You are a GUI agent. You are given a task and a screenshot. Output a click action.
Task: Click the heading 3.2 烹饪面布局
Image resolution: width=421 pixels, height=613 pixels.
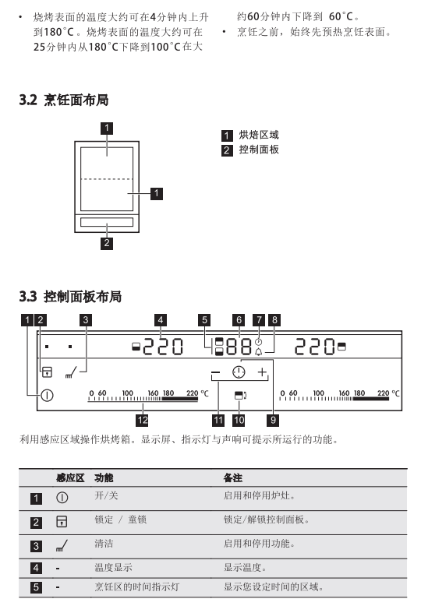click(x=63, y=100)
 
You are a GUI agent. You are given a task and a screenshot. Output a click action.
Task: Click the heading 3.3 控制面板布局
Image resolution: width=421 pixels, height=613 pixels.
click(x=70, y=296)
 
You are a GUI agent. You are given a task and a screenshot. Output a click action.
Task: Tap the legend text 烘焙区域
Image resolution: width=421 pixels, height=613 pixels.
click(x=259, y=136)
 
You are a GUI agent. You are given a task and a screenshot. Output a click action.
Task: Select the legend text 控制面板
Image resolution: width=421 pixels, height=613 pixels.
click(x=259, y=150)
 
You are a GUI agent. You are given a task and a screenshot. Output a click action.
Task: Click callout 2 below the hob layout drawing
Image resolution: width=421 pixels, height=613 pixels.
click(x=107, y=243)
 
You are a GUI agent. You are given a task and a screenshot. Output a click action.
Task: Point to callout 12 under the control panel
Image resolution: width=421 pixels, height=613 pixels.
click(x=142, y=421)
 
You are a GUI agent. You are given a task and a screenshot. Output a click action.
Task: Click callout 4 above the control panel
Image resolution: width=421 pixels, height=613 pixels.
click(x=161, y=320)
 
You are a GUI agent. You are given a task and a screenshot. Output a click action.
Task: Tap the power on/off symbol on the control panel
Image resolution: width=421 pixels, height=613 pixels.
click(x=47, y=396)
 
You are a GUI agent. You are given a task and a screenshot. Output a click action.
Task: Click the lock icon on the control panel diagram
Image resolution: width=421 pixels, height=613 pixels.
click(x=47, y=372)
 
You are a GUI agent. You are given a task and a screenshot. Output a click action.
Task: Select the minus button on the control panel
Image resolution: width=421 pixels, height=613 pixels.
click(x=216, y=372)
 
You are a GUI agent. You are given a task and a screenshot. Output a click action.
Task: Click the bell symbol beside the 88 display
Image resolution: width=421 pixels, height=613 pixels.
click(x=259, y=352)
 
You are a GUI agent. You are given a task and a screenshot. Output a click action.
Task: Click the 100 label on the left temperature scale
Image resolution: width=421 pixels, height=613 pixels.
click(x=128, y=393)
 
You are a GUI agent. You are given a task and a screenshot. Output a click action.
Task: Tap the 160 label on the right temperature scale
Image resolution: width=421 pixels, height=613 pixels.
click(x=345, y=393)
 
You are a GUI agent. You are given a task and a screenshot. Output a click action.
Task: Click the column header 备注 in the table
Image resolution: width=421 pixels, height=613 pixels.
click(x=233, y=477)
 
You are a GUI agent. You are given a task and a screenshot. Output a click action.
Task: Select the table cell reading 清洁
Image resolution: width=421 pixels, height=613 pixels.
click(x=104, y=544)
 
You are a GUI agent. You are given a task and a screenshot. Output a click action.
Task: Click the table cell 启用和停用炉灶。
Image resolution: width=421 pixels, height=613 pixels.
click(x=260, y=495)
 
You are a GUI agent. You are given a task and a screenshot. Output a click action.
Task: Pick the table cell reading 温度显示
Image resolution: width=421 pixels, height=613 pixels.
click(x=114, y=567)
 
